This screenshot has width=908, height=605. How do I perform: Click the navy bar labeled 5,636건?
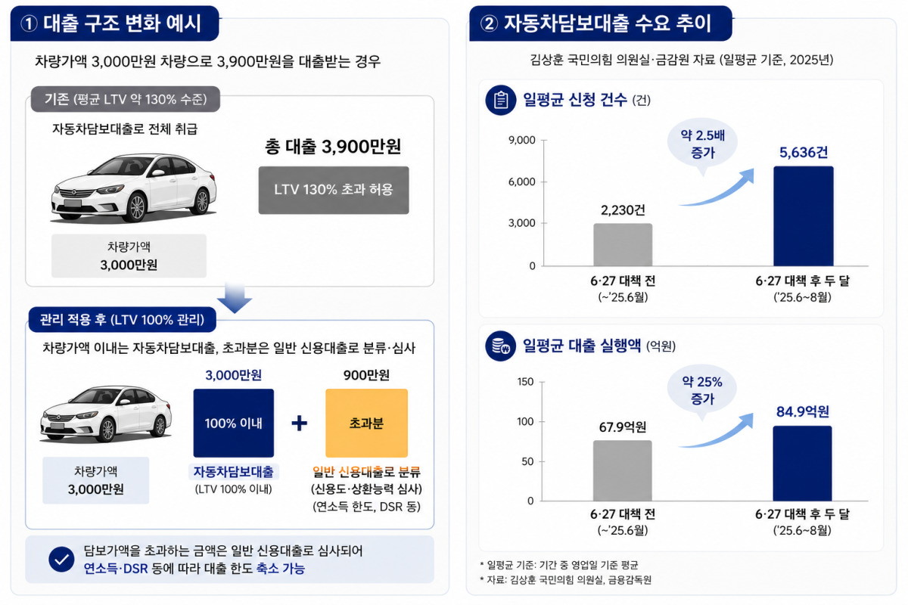click(x=804, y=216)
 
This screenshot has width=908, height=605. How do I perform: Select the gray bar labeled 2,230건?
click(x=623, y=245)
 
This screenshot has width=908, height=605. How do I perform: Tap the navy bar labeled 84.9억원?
click(x=802, y=464)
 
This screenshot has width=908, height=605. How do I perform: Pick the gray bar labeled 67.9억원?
click(x=623, y=471)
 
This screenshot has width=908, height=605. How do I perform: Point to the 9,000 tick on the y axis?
click(x=522, y=140)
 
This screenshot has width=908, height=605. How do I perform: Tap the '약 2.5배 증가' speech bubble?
click(x=702, y=144)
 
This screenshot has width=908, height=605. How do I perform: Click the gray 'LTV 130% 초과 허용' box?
click(x=334, y=190)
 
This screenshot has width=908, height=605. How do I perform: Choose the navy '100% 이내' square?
click(x=234, y=423)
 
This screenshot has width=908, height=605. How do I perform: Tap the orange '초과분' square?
click(x=366, y=423)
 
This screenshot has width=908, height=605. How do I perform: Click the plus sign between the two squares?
click(x=299, y=423)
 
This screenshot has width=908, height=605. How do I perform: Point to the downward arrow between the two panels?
click(x=235, y=298)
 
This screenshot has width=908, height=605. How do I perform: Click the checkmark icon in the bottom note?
click(x=61, y=560)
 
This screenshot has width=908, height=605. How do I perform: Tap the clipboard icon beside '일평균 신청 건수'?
click(x=501, y=100)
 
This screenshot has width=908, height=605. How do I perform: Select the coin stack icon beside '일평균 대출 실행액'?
click(x=501, y=346)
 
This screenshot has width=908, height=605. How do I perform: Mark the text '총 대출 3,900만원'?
click(x=333, y=146)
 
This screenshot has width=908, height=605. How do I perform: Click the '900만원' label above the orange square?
click(x=366, y=375)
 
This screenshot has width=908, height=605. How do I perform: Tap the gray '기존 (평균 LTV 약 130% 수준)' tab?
click(x=126, y=99)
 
